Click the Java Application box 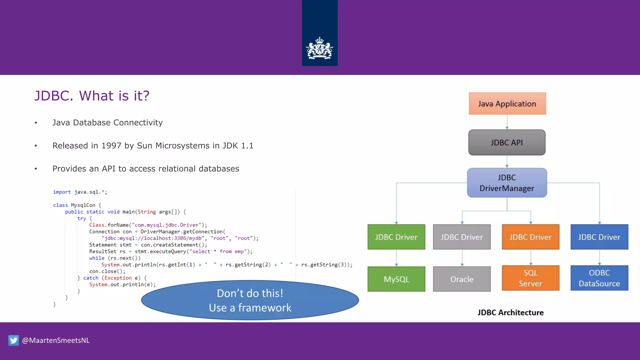tap(507, 104)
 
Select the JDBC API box tap(507, 142)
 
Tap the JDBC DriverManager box tap(507, 183)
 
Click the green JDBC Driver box tap(396, 237)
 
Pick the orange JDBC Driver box tap(530, 237)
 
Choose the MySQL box tap(396, 279)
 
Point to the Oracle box tap(462, 279)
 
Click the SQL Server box tap(530, 278)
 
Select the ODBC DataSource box tap(599, 278)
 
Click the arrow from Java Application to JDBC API tap(507, 122)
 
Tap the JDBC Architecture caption tap(510, 312)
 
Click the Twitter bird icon tap(13, 340)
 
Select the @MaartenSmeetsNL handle tap(56, 340)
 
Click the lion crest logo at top tap(320, 48)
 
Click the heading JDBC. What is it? tap(92, 96)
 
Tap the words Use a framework tap(250, 308)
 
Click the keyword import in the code tap(62, 192)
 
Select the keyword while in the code tap(97, 258)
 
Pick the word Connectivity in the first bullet tap(138, 122)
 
